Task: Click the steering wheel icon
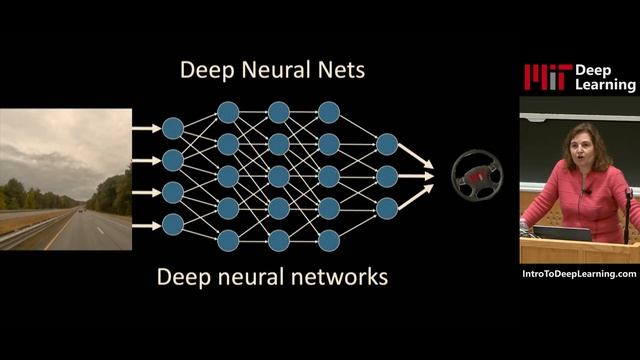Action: click(476, 176)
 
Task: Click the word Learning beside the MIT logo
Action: click(605, 87)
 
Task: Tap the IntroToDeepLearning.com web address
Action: click(579, 274)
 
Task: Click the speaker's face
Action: click(581, 151)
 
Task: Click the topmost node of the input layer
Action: click(173, 128)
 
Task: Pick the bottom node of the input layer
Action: click(173, 223)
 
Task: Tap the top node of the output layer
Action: click(387, 144)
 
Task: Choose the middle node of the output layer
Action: click(387, 176)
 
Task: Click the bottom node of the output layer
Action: click(387, 208)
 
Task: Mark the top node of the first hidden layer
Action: click(228, 112)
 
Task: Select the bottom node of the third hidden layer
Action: click(328, 240)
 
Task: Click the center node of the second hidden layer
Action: click(278, 176)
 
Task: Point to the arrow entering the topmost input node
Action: click(146, 128)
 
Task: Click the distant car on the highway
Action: click(78, 212)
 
